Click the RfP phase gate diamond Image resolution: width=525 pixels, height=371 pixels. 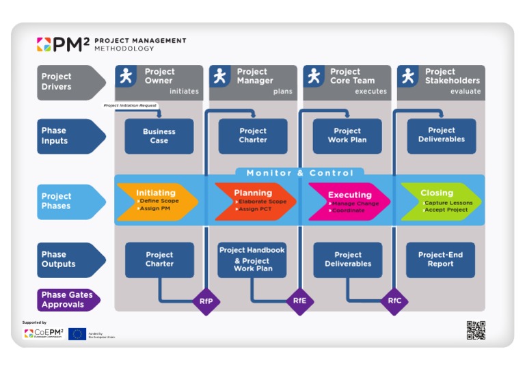pyautogui.click(x=206, y=301)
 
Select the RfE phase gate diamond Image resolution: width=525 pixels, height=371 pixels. pyautogui.click(x=299, y=301)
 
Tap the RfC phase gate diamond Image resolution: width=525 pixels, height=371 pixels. pyautogui.click(x=394, y=301)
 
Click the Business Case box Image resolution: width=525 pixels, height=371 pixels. pyautogui.click(x=159, y=136)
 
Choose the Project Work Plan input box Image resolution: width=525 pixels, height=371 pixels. pyautogui.click(x=347, y=136)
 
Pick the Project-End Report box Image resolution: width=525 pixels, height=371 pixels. pyautogui.click(x=440, y=260)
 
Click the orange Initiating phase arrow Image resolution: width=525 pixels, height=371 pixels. pyautogui.click(x=157, y=201)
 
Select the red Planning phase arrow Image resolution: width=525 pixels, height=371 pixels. pyautogui.click(x=254, y=201)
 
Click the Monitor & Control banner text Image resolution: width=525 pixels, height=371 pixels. pyautogui.click(x=300, y=173)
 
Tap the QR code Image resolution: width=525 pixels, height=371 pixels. pyautogui.click(x=476, y=330)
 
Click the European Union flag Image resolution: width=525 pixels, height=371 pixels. pyautogui.click(x=77, y=334)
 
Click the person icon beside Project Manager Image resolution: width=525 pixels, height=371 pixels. pyautogui.click(x=219, y=77)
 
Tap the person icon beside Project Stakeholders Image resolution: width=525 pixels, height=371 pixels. pyautogui.click(x=407, y=77)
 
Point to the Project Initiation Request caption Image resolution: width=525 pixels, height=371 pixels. pyautogui.click(x=130, y=106)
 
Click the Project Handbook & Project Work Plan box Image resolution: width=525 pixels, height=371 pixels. pyautogui.click(x=252, y=260)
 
